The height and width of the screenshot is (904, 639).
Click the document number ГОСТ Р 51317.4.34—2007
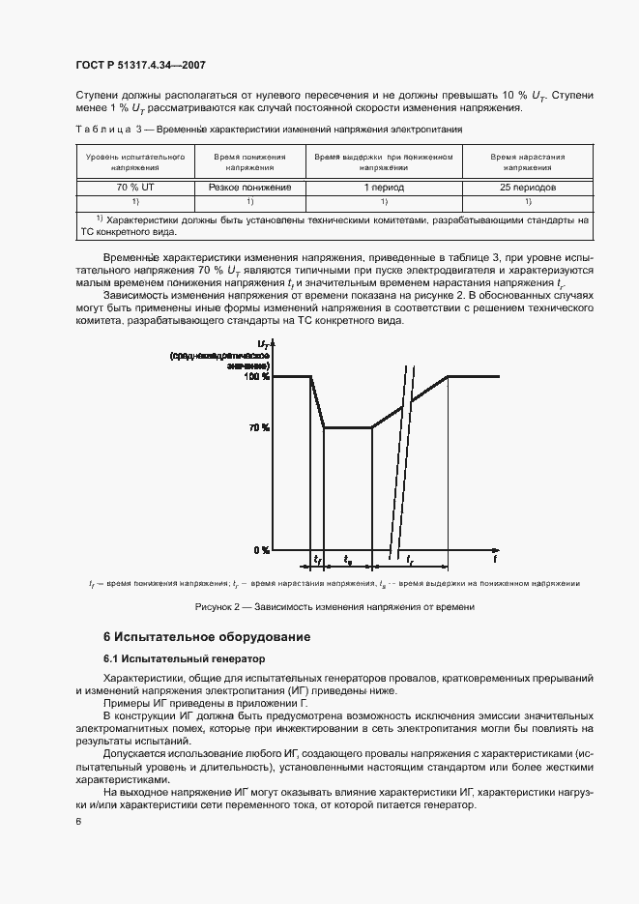click(x=140, y=66)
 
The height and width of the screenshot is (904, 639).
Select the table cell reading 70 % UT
click(x=135, y=187)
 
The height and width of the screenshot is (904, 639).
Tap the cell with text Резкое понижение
click(x=249, y=187)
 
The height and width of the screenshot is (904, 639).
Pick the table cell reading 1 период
click(x=384, y=187)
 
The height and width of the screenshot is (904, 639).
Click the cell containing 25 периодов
click(x=528, y=187)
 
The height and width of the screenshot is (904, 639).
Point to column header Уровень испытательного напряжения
click(x=135, y=160)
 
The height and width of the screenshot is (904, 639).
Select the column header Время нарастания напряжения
click(x=528, y=160)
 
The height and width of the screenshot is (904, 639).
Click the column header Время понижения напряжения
click(x=249, y=160)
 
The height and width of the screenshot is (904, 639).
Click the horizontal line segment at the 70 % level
click(x=348, y=426)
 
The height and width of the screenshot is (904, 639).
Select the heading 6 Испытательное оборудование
click(x=207, y=637)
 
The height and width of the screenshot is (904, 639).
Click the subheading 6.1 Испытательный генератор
click(x=184, y=658)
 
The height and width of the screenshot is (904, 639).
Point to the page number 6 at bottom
click(x=77, y=821)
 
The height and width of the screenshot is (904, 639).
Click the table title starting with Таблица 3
click(x=259, y=129)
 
